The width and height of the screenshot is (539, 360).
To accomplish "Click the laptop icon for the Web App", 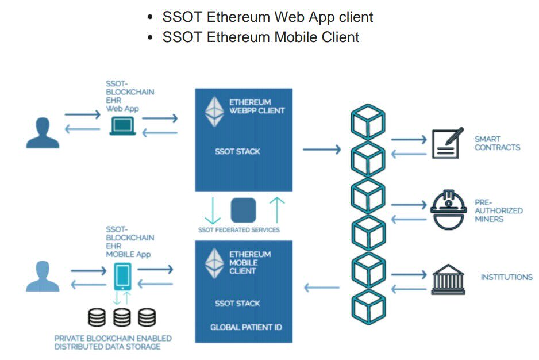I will (122, 126).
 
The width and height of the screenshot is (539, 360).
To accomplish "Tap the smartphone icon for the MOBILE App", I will (122, 277).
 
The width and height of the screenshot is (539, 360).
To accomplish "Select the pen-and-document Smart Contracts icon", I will (447, 144).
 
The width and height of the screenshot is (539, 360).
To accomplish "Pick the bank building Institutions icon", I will (448, 279).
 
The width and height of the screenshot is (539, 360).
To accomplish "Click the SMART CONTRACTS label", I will (497, 143).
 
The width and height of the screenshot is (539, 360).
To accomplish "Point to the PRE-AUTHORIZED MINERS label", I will (498, 210).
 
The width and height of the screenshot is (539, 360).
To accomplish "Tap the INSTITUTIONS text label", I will (506, 277).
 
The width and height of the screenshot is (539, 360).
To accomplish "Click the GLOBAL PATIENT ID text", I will (246, 328).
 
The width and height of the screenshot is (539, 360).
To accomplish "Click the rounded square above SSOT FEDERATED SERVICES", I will (243, 210).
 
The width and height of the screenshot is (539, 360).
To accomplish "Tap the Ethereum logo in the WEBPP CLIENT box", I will (215, 111).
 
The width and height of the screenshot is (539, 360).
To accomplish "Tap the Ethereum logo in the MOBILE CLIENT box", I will (215, 263).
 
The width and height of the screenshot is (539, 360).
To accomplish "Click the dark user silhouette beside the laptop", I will (43, 133).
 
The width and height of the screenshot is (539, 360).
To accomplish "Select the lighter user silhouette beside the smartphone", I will (43, 276).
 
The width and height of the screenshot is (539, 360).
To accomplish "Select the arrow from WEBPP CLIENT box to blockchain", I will (321, 150).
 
